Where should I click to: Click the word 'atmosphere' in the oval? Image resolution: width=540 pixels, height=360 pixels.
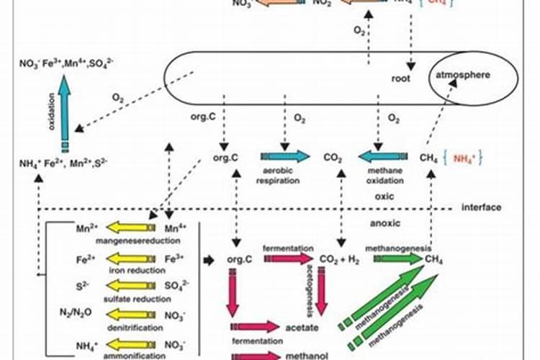tap(462, 75)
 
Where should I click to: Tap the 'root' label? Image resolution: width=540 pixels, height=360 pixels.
tap(401, 78)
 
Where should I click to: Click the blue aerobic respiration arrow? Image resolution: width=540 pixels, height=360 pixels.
tap(284, 156)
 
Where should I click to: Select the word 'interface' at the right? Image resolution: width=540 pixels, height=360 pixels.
tap(482, 207)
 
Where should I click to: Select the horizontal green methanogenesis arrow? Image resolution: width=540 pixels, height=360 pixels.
tap(395, 258)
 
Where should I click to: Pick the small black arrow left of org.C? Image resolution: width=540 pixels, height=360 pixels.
tap(210, 258)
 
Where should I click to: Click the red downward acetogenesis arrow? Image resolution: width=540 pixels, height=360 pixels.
tap(322, 292)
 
